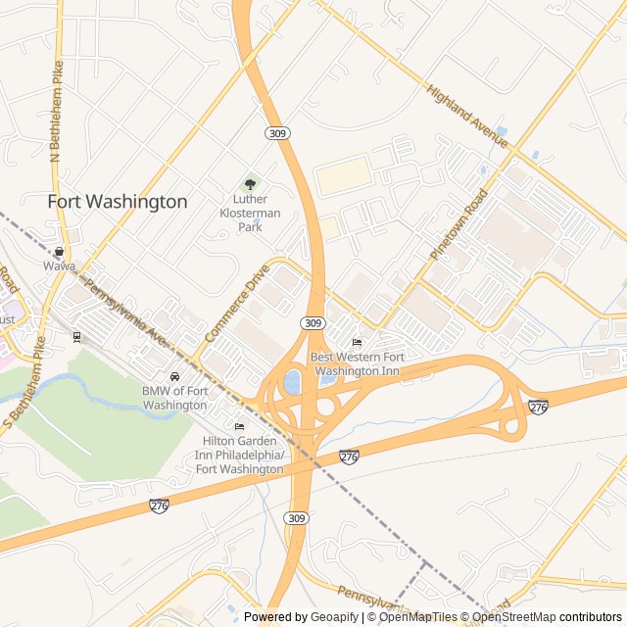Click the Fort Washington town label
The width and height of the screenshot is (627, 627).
pyautogui.click(x=118, y=202)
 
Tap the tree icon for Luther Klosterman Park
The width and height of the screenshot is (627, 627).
pyautogui.click(x=250, y=183)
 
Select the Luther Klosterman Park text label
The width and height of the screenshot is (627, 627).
pyautogui.click(x=250, y=213)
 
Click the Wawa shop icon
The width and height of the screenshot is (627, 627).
pyautogui.click(x=59, y=252)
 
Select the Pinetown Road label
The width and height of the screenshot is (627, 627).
pyautogui.click(x=458, y=224)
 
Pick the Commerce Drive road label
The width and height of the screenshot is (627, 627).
pyautogui.click(x=236, y=304)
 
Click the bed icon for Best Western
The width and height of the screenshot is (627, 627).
pyautogui.click(x=357, y=342)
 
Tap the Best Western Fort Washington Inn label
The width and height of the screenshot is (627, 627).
pyautogui.click(x=357, y=363)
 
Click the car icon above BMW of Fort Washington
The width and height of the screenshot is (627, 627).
pyautogui.click(x=174, y=376)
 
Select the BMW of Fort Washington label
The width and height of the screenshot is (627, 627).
pyautogui.click(x=174, y=398)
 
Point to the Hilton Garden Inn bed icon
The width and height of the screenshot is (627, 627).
pyautogui.click(x=240, y=426)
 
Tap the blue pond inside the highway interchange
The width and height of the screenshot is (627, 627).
pyautogui.click(x=292, y=381)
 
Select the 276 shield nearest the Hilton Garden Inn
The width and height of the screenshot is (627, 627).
pyautogui.click(x=350, y=457)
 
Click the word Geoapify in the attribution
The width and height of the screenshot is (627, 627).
pyautogui.click(x=335, y=617)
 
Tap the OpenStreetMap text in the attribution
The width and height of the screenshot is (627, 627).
pyautogui.click(x=513, y=617)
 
